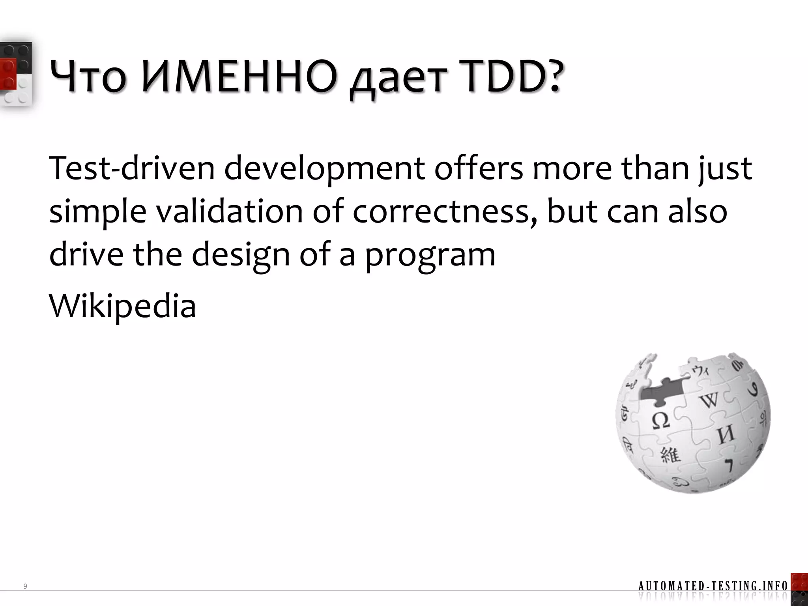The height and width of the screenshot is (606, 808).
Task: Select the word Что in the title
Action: (88, 77)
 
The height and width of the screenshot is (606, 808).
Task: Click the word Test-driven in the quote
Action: (132, 168)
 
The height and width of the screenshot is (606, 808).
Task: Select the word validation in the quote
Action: (229, 211)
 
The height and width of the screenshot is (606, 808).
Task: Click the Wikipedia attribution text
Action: (122, 306)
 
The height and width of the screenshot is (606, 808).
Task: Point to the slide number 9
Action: (25, 586)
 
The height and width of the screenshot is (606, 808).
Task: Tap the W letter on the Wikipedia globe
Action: (709, 400)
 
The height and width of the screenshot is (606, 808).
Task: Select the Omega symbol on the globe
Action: (660, 421)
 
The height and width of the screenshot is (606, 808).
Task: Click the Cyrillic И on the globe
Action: (725, 434)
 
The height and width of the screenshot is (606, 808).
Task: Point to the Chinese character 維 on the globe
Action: (671, 455)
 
